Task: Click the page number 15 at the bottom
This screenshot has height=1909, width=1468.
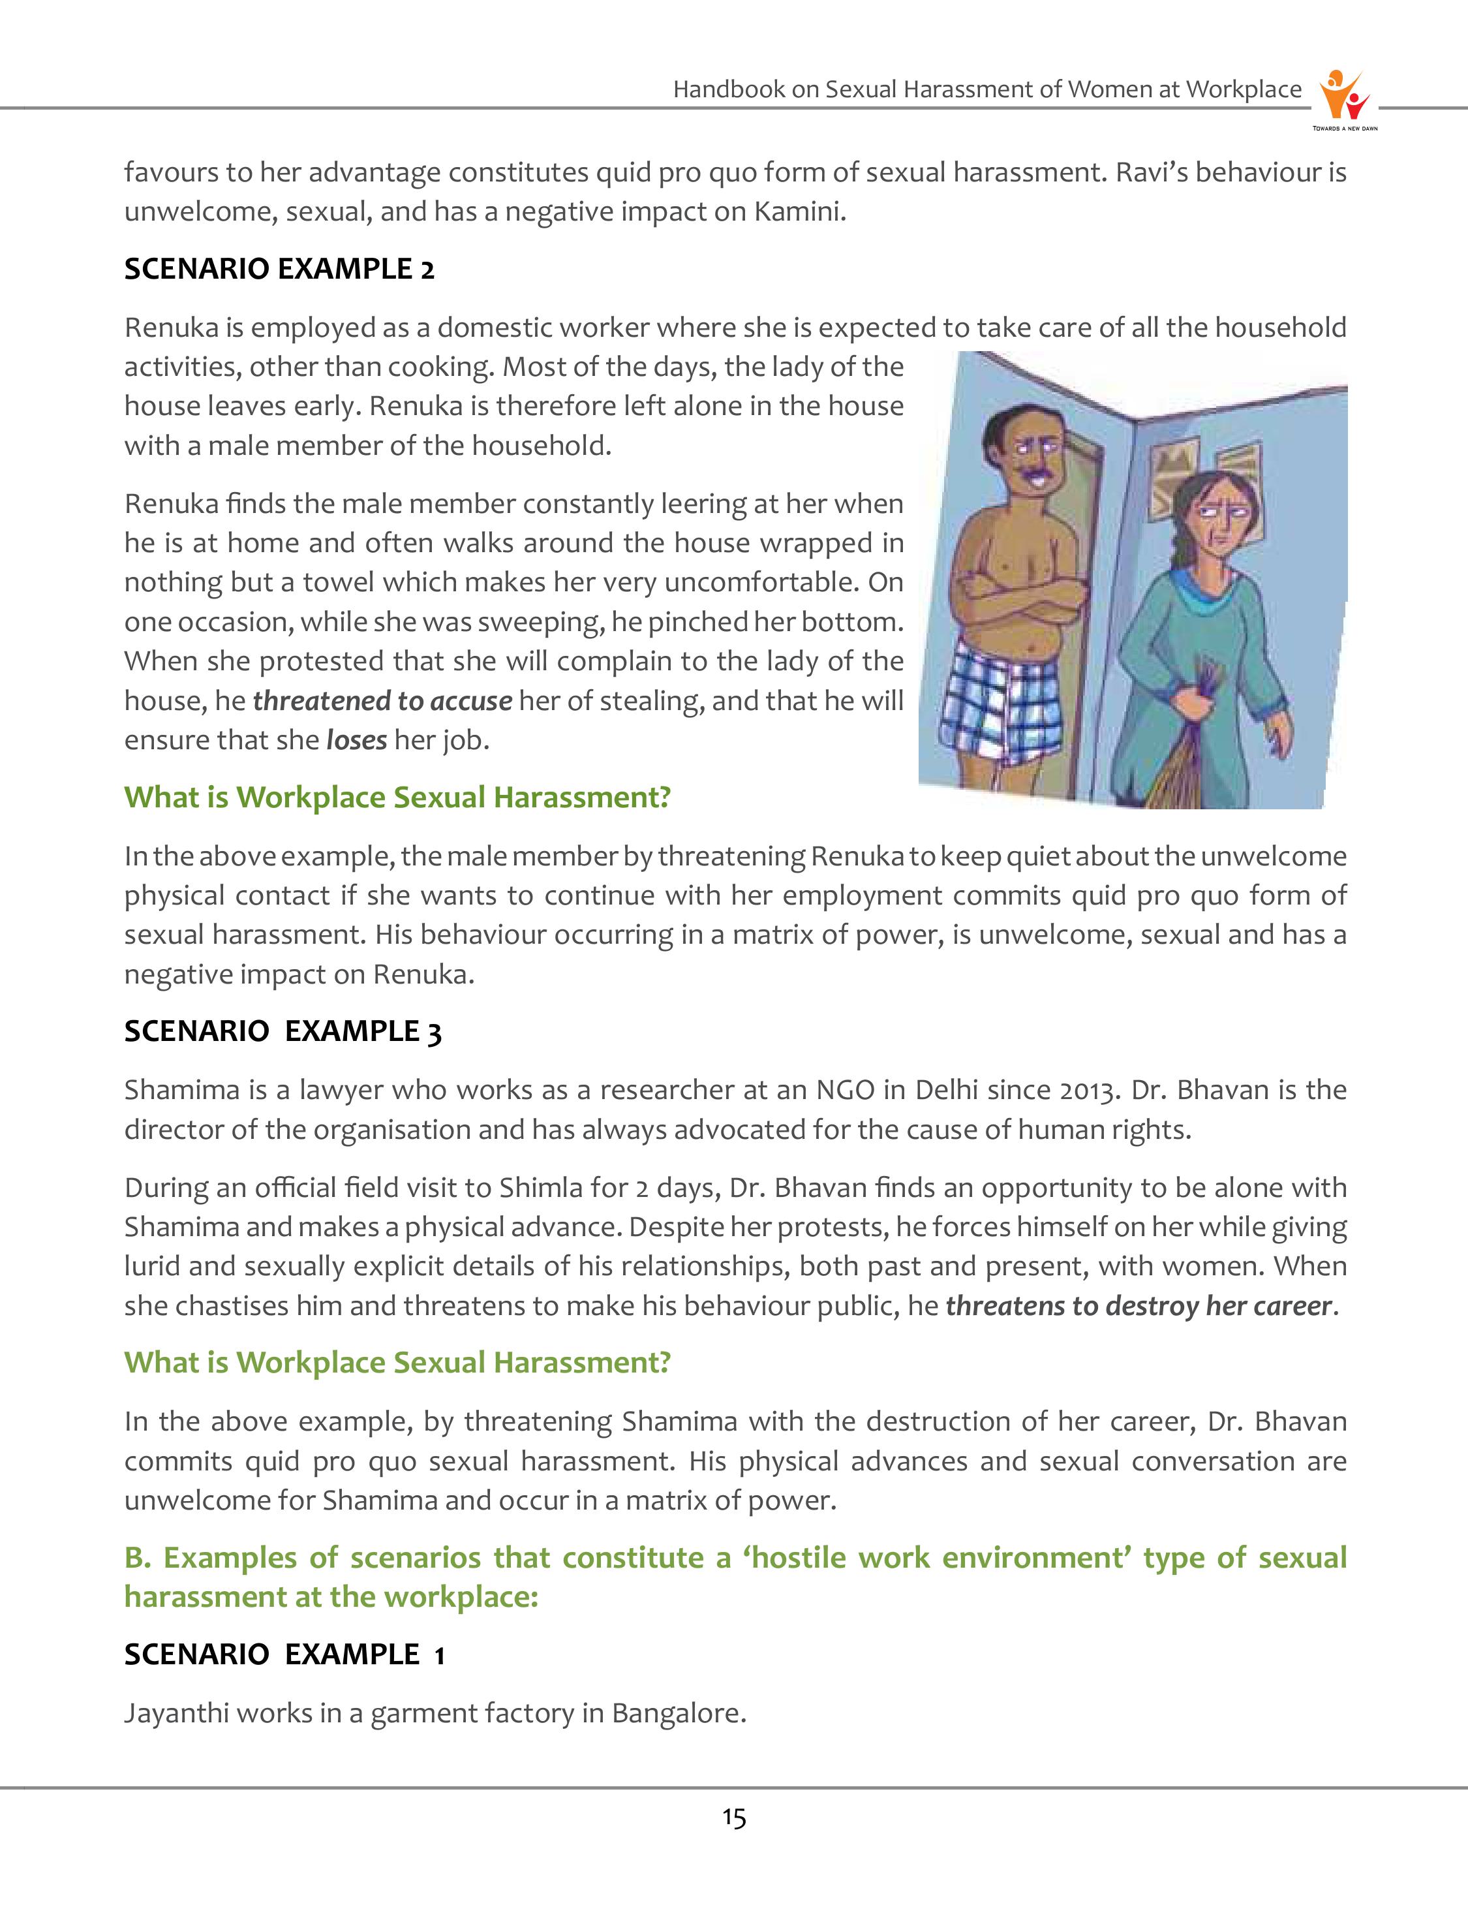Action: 734,1818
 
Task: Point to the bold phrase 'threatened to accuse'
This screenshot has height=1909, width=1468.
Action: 382,701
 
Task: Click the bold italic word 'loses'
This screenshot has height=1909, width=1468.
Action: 356,740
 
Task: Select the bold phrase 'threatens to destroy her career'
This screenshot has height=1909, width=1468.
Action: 1139,1306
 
